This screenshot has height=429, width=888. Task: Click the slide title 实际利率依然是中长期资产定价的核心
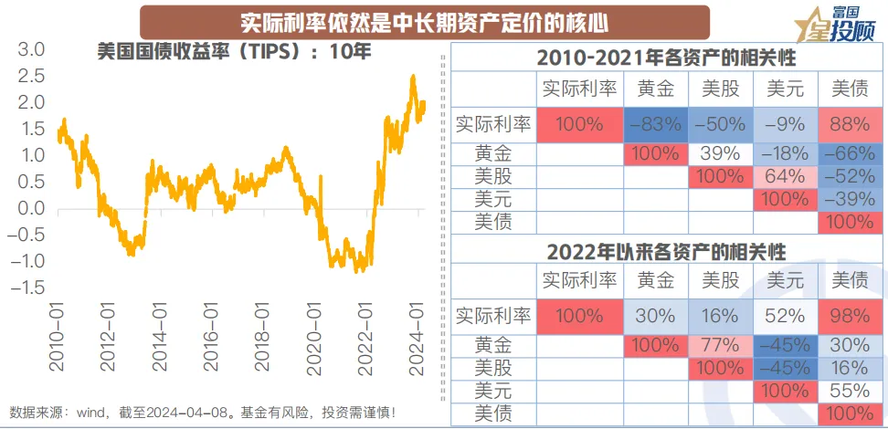tap(425, 22)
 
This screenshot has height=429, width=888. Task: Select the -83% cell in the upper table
tap(657, 124)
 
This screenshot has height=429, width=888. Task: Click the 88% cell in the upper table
tap(850, 124)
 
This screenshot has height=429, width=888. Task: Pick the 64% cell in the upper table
tap(785, 176)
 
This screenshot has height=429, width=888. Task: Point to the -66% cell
tap(850, 154)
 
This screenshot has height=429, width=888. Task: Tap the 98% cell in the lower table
tap(850, 317)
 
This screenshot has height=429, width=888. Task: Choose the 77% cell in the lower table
tap(720, 346)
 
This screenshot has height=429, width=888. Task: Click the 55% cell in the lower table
tap(850, 389)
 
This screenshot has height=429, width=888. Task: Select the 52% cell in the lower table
tap(785, 317)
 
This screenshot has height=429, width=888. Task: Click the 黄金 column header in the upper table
tap(657, 89)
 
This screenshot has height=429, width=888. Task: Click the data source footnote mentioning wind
tap(203, 413)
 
